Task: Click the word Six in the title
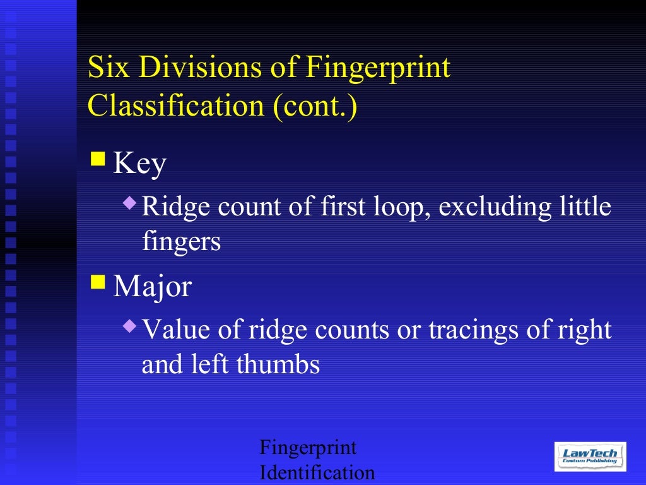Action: pyautogui.click(x=104, y=68)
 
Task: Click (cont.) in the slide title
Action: pyautogui.click(x=315, y=106)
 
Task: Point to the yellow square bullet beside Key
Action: pyautogui.click(x=98, y=158)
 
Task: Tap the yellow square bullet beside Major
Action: pyautogui.click(x=98, y=280)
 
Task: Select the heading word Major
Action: pyautogui.click(x=152, y=287)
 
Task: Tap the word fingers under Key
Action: pyautogui.click(x=181, y=242)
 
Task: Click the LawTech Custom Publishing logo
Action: pyautogui.click(x=590, y=456)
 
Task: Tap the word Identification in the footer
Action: pyautogui.click(x=317, y=472)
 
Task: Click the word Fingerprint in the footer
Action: pyautogui.click(x=308, y=448)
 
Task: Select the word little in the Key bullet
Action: pyautogui.click(x=583, y=207)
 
